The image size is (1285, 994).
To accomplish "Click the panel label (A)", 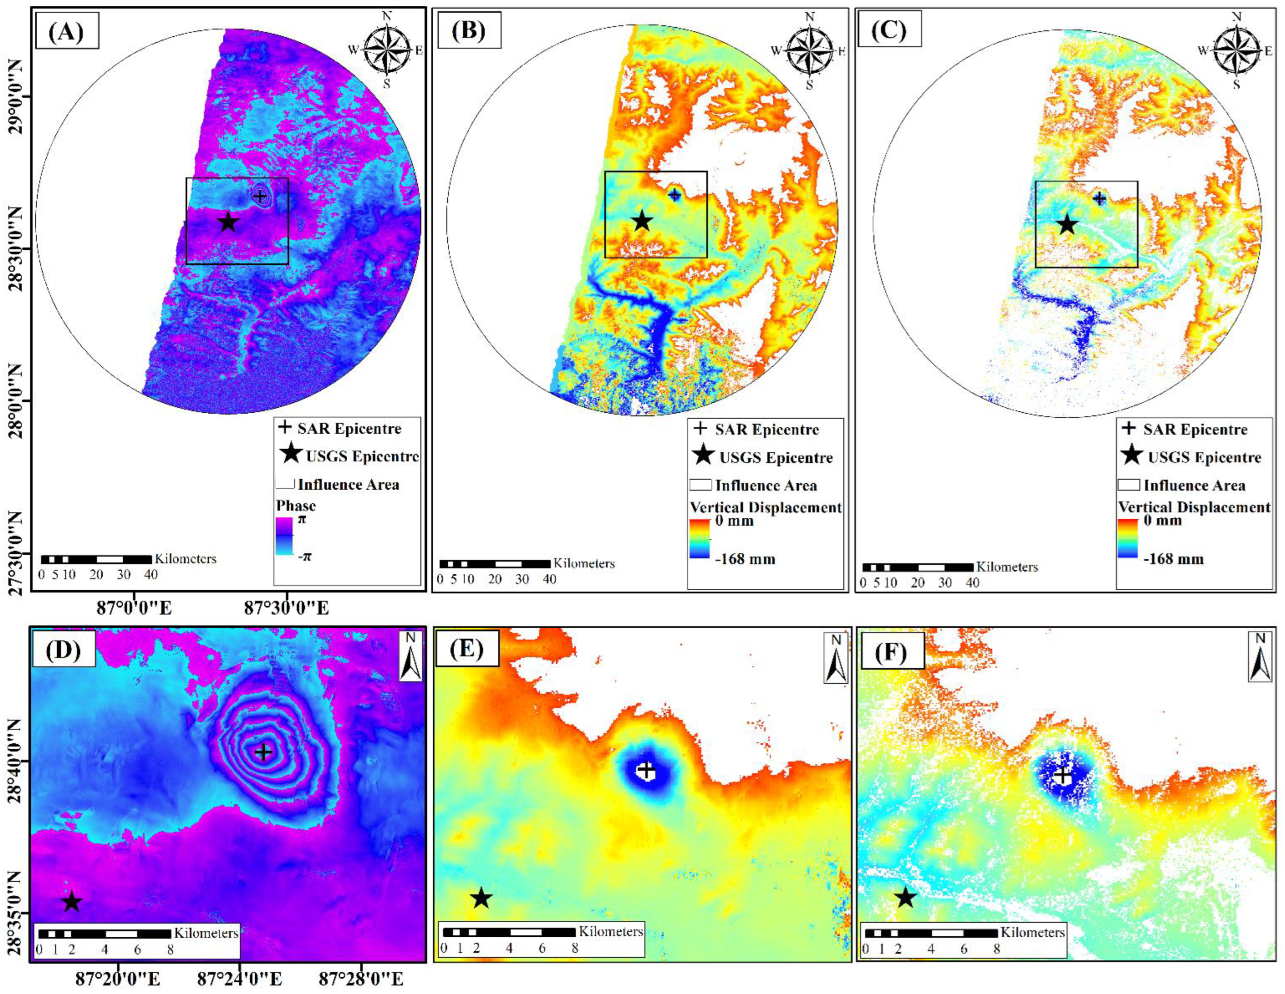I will [x=66, y=31].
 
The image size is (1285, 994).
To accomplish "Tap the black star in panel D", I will [x=72, y=901].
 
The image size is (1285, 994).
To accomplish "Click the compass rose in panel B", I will [x=810, y=50].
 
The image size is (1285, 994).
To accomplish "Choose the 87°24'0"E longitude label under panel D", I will [x=239, y=979].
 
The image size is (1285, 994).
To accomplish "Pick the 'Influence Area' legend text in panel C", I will [x=1194, y=486].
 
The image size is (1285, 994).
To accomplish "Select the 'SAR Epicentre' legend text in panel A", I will [x=349, y=428].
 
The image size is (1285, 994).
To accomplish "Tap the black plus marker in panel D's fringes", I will [x=263, y=752].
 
